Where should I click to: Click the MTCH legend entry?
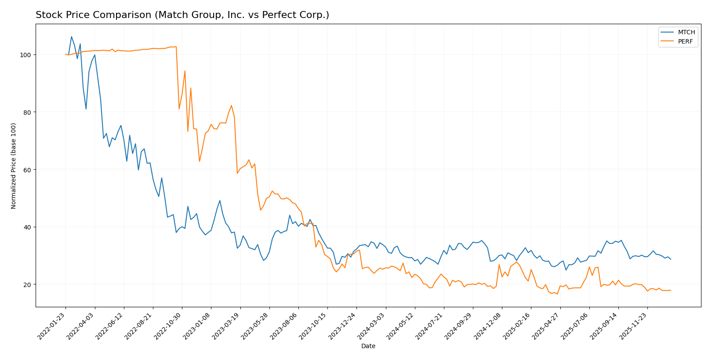tap(686, 32)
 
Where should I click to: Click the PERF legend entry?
tap(685, 42)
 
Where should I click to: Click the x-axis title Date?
tap(368, 346)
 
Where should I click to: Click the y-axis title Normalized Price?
tap(14, 166)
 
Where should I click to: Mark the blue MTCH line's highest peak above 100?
tap(72, 36)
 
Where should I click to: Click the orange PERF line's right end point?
tap(671, 290)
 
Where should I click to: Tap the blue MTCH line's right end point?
tap(671, 259)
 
